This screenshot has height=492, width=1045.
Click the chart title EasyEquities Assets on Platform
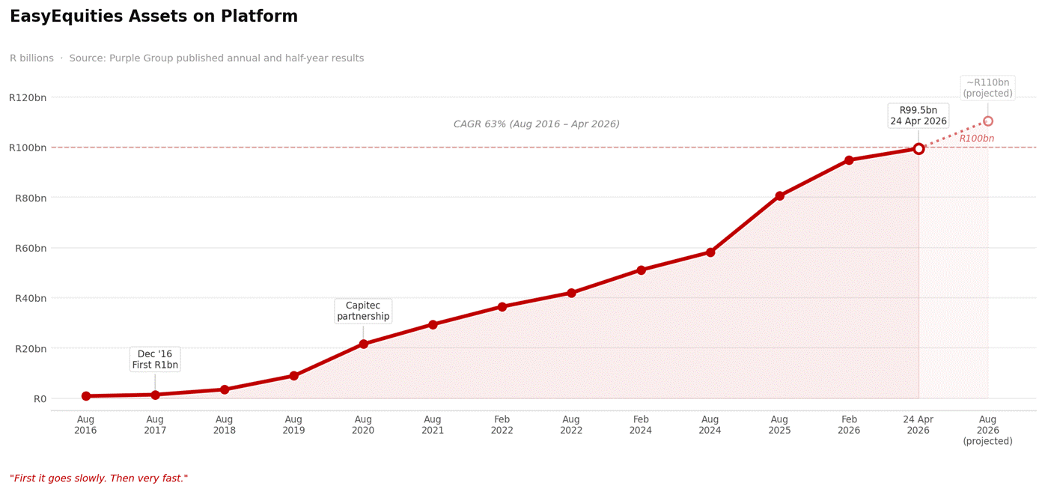(153, 16)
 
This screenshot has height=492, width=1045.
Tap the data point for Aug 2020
(363, 344)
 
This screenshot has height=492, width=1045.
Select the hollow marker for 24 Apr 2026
(918, 149)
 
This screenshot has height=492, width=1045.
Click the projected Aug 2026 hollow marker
(988, 121)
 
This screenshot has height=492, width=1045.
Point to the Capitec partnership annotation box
(363, 311)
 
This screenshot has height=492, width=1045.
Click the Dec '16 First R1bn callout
(155, 359)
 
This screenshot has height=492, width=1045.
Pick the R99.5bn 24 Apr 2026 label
(918, 116)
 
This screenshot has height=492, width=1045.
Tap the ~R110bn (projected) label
(987, 88)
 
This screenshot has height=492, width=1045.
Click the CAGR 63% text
(537, 124)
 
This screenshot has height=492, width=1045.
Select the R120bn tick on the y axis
(28, 97)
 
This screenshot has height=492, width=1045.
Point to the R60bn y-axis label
(30, 248)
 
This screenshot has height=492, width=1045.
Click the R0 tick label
(40, 398)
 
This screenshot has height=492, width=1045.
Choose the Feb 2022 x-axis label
(502, 425)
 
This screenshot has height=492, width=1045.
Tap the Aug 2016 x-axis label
(85, 425)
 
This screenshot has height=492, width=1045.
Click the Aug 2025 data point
(779, 196)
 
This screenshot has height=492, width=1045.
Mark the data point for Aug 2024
(710, 252)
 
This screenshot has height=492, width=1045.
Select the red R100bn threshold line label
(977, 139)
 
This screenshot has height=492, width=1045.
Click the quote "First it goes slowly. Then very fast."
(99, 479)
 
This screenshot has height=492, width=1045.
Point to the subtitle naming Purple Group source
(187, 58)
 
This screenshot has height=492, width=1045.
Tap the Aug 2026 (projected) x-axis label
(987, 431)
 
